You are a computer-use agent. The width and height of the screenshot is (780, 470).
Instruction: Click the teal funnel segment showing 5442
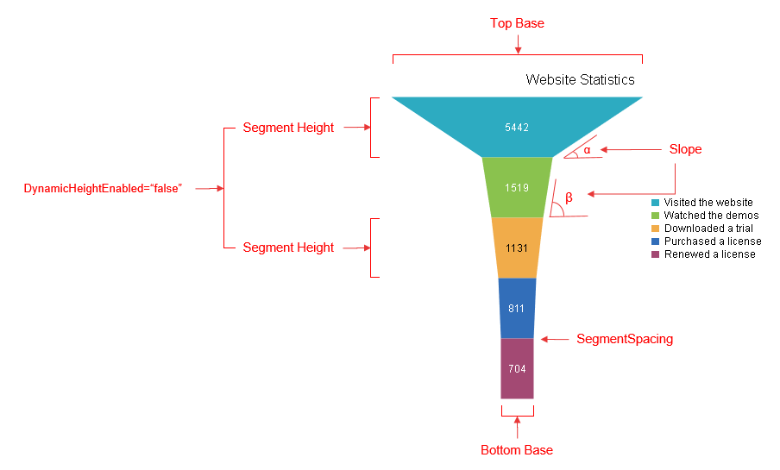517,128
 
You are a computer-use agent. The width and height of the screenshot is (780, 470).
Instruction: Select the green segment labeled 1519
517,187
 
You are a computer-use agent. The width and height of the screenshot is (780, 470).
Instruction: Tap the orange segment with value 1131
517,248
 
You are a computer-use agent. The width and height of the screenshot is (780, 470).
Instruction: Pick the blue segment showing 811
517,309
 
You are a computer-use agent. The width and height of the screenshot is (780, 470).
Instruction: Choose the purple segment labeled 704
517,368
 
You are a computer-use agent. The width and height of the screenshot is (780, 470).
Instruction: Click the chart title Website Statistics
580,79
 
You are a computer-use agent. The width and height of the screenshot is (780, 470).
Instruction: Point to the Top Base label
517,23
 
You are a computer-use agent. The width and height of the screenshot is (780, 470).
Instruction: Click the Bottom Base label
517,450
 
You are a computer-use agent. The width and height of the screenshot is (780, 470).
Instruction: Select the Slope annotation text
685,149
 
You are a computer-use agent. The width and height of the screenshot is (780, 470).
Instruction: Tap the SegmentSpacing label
625,339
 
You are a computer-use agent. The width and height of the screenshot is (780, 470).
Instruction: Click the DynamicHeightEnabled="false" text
103,189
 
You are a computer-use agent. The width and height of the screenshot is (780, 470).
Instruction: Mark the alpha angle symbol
587,150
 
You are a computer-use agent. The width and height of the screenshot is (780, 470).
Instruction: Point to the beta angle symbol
569,197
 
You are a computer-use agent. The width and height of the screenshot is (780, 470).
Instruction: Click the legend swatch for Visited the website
655,203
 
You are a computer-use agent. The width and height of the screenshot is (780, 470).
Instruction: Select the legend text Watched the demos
711,216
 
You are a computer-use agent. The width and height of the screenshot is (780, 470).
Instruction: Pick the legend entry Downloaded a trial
702,229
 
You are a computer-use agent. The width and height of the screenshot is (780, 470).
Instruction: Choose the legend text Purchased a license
713,241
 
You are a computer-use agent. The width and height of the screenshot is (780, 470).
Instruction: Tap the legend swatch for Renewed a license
655,254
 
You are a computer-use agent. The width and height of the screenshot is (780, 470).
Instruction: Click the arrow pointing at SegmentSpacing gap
555,339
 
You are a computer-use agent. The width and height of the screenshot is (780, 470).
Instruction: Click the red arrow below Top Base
519,44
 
